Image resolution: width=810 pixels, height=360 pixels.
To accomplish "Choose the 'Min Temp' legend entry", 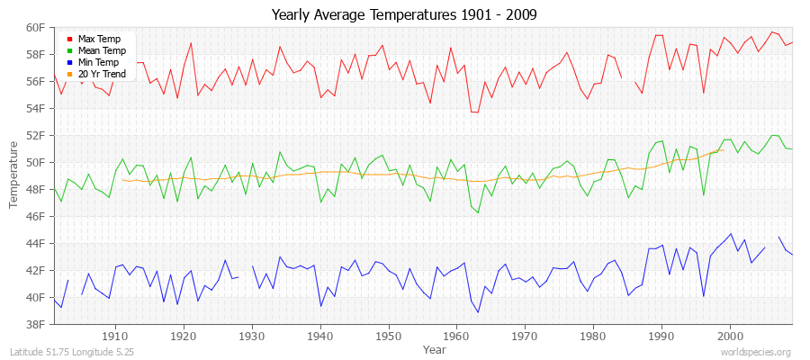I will coord(98,62).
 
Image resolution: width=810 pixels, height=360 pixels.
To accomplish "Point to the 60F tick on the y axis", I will coord(35,27).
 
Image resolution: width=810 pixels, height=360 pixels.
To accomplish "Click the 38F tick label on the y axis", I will coord(35,324).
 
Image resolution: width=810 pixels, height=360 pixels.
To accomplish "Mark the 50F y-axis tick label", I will coord(35,162).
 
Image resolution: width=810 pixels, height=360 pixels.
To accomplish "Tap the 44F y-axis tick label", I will coord(35,243).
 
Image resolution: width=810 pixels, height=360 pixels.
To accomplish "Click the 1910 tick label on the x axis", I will coord(115,336).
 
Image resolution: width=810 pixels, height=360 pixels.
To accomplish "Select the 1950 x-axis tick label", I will coord(388,336).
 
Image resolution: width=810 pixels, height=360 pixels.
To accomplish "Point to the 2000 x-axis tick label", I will coord(730,336).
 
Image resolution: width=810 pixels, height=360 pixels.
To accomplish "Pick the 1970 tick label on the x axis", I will coord(525,336).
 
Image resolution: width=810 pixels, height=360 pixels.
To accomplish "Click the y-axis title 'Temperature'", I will coord(13,175).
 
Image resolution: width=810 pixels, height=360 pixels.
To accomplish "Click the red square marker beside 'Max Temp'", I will coord(69,40).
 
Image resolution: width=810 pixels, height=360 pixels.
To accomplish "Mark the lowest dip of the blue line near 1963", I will coord(478,312).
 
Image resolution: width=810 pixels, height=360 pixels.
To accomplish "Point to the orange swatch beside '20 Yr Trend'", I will coord(69,75).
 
